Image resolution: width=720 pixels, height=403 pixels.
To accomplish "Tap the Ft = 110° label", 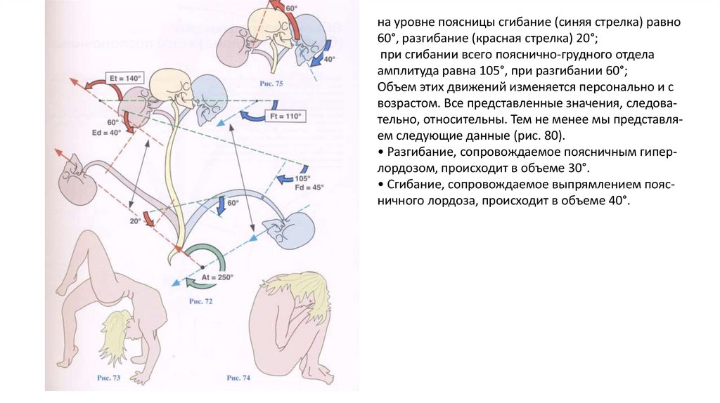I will (285, 116).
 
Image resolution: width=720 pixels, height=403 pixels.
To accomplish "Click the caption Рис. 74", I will (238, 378).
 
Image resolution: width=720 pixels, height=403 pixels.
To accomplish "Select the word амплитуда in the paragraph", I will (409, 72).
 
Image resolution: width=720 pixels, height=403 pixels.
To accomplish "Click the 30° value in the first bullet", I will (577, 169).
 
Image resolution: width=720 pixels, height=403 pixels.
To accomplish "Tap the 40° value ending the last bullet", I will (615, 201).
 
